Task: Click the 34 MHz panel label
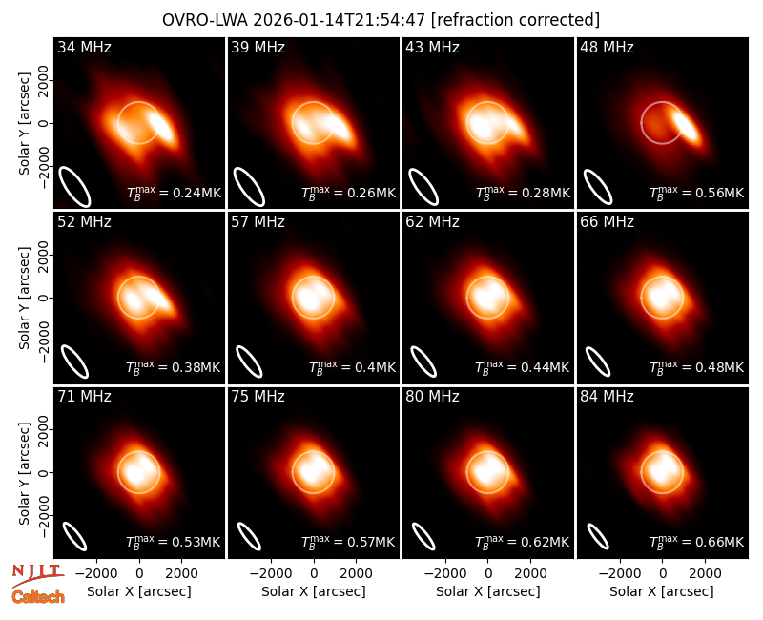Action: [x=84, y=47]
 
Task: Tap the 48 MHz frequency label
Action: [x=607, y=47]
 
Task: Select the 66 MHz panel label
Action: [x=607, y=222]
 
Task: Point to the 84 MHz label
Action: [x=607, y=397]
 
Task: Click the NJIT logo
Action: [x=37, y=575]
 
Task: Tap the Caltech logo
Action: [x=38, y=597]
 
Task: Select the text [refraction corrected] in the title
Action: [x=515, y=20]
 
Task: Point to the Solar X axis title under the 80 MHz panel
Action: [x=488, y=591]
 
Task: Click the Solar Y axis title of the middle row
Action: [x=24, y=298]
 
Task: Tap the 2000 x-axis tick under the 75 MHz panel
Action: [x=356, y=574]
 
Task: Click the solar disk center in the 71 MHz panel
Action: [x=139, y=472]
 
